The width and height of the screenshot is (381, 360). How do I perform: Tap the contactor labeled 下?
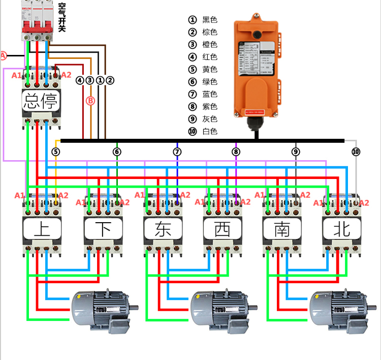tap(103, 226)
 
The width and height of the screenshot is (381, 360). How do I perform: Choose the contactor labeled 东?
tap(163, 226)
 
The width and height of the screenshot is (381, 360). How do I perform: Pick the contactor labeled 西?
tap(222, 226)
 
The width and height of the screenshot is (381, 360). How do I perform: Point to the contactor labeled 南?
tap(282, 226)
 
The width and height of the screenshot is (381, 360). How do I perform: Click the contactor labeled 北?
tap(341, 226)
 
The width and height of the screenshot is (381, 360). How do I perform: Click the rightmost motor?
tap(340, 307)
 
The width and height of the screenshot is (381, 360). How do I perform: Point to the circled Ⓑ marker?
tap(90, 101)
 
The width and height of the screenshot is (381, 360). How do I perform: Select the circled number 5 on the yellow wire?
tap(56, 152)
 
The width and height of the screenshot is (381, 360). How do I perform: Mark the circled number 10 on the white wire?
tap(356, 152)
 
